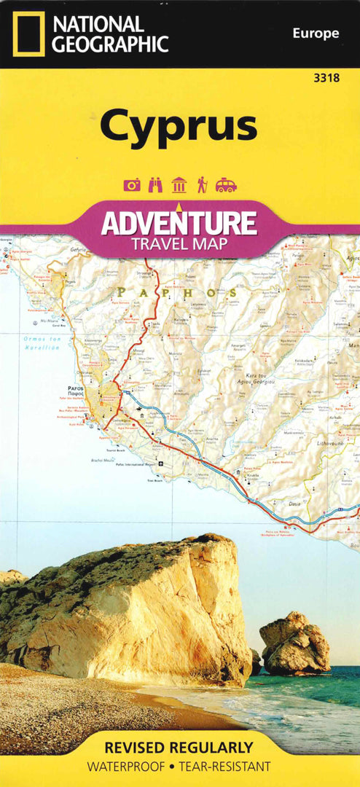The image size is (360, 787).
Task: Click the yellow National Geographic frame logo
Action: pos(28,34)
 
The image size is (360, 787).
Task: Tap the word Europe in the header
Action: pos(316,33)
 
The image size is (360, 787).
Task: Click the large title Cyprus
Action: pos(179,125)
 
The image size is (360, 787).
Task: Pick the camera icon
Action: pos(131,185)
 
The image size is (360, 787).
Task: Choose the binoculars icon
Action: pos(155,185)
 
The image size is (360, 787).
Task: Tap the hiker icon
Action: pos(202,185)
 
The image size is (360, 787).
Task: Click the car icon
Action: pos(226,185)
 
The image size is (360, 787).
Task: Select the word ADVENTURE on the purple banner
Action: pos(179,222)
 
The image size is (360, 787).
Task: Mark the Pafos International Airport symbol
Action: pos(162,463)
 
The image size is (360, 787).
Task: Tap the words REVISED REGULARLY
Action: pos(179,748)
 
